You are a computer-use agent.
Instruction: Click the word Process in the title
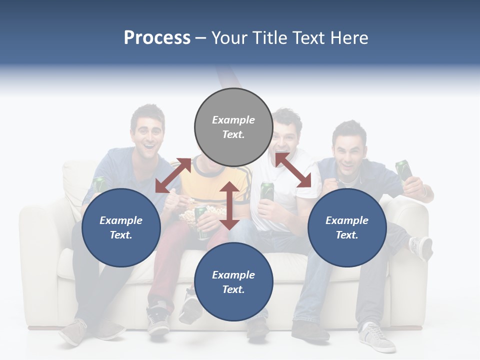pyautogui.click(x=157, y=38)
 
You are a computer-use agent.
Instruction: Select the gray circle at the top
pyautogui.click(x=233, y=127)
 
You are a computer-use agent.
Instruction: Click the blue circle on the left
pyautogui.click(x=121, y=227)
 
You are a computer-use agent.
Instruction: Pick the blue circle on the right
pyautogui.click(x=347, y=227)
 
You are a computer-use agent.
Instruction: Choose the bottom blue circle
pyautogui.click(x=233, y=282)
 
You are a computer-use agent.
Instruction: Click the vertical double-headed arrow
pyautogui.click(x=229, y=205)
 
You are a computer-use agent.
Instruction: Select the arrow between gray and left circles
pyautogui.click(x=173, y=175)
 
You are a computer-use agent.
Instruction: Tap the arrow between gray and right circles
pyautogui.click(x=293, y=170)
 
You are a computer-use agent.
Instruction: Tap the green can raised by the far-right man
pyautogui.click(x=404, y=170)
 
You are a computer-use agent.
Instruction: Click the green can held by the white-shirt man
pyautogui.click(x=267, y=191)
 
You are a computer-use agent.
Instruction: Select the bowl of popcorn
pyautogui.click(x=192, y=215)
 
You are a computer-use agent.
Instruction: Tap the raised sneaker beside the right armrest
pyautogui.click(x=420, y=247)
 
